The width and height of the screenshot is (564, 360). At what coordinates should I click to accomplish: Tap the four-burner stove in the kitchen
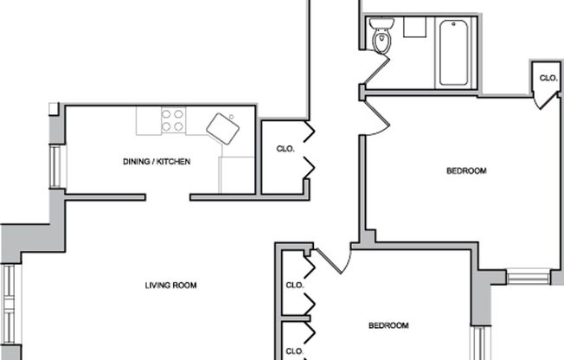[x=173, y=120]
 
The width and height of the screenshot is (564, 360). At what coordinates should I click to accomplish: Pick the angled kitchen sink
[x=222, y=129]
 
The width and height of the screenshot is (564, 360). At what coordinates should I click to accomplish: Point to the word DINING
[x=138, y=162]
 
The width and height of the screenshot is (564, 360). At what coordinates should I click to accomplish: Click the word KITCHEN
[x=173, y=162]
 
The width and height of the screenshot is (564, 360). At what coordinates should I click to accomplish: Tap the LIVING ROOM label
[x=170, y=286]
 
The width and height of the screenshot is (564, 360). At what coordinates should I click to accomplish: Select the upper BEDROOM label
[x=466, y=171]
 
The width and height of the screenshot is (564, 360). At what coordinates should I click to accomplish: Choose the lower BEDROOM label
[x=388, y=326]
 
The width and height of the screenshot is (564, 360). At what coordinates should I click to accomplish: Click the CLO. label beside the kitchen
[x=285, y=149]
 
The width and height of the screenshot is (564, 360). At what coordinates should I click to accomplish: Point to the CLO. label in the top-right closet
[x=548, y=78]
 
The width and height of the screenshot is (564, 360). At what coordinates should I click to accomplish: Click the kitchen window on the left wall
[x=57, y=166]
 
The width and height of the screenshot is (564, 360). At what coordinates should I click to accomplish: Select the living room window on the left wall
[x=10, y=303]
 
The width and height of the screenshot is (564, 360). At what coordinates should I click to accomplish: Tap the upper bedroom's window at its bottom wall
[x=528, y=278]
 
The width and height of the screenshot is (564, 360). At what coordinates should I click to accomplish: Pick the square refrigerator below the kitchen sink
[x=236, y=175]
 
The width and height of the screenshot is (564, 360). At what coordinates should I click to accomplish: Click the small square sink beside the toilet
[x=413, y=27]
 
